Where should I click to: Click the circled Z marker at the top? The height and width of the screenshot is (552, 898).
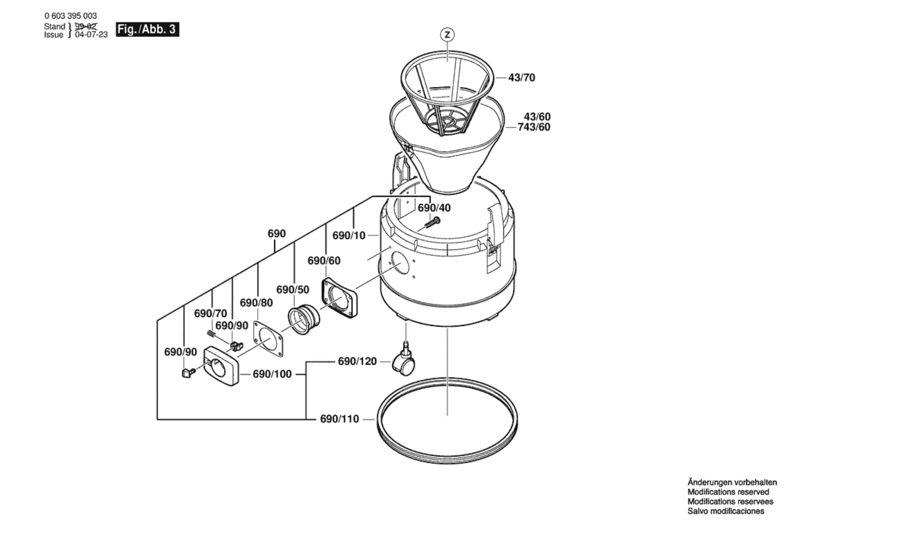(x=447, y=34)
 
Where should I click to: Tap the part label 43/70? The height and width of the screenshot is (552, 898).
(x=522, y=78)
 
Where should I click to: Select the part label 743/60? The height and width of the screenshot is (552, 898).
(x=534, y=127)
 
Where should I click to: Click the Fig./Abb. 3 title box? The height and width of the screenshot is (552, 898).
(x=147, y=29)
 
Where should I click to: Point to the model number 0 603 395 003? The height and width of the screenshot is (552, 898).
(x=71, y=16)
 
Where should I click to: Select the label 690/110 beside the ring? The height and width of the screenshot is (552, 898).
(x=339, y=419)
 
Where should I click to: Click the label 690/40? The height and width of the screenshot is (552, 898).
(x=434, y=208)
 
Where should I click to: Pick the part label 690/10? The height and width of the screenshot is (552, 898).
(x=349, y=235)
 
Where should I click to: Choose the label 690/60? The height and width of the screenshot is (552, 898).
(x=324, y=261)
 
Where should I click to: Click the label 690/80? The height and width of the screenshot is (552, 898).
(x=256, y=303)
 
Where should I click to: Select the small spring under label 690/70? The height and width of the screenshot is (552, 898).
(x=211, y=333)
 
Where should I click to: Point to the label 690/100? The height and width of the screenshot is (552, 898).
(x=272, y=374)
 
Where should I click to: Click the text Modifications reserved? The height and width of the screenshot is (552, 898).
(x=728, y=492)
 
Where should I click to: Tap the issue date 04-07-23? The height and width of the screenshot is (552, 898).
(x=91, y=34)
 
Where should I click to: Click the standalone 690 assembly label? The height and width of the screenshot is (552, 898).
(x=276, y=234)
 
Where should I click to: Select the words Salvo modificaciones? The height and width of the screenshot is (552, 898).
(x=726, y=511)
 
